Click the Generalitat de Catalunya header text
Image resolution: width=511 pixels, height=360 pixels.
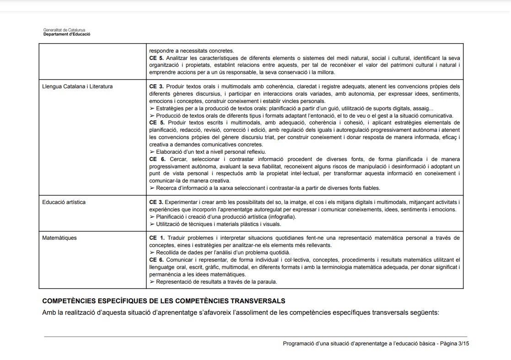(64, 30)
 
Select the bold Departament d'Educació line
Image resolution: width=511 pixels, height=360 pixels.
(67, 34)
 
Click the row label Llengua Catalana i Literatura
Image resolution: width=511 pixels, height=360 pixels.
(77, 86)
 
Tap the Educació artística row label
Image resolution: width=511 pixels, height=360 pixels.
(64, 202)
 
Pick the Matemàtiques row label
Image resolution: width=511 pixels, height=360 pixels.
(59, 238)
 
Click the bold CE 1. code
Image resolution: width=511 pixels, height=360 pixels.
(157, 238)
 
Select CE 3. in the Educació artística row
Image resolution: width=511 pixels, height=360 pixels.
(156, 202)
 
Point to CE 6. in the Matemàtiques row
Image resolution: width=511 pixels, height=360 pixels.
(157, 260)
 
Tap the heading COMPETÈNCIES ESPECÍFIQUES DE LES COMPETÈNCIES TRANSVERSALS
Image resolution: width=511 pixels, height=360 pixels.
(163, 301)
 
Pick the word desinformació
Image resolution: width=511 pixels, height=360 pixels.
(392, 166)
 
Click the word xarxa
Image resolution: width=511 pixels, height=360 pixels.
(235, 188)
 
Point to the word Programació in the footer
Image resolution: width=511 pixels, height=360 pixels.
(296, 344)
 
